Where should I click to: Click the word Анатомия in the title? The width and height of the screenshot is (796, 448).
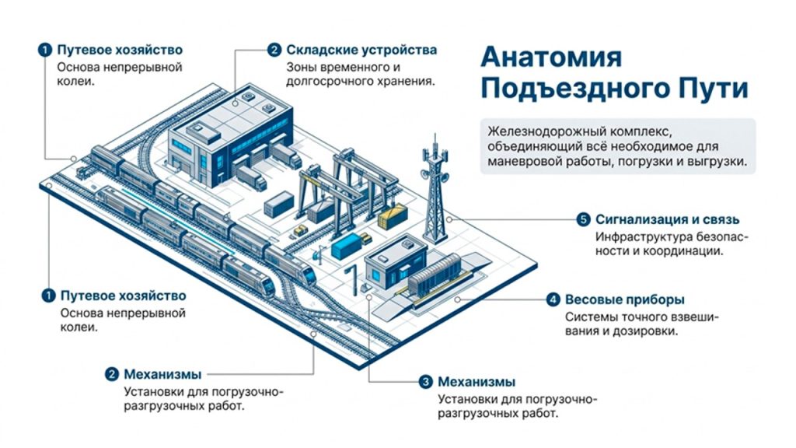pyautogui.click(x=551, y=57)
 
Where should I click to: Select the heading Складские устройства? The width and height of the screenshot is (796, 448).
pyautogui.click(x=361, y=50)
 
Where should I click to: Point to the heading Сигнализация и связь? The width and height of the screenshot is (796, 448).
pyautogui.click(x=667, y=220)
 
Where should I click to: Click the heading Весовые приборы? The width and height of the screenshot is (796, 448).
pyautogui.click(x=625, y=299)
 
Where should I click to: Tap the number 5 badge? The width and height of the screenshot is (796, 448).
pyautogui.click(x=583, y=219)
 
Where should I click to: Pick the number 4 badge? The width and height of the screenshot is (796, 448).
pyautogui.click(x=553, y=299)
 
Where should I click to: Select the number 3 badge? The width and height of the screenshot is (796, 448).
pyautogui.click(x=425, y=382)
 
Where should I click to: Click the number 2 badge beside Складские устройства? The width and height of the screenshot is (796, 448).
pyautogui.click(x=274, y=50)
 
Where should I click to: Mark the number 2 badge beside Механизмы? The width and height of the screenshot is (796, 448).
pyautogui.click(x=111, y=375)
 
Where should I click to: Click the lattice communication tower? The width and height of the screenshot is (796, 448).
pyautogui.click(x=435, y=191)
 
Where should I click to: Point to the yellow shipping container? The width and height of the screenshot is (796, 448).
pyautogui.click(x=393, y=215)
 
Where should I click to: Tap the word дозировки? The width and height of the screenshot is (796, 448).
pyautogui.click(x=646, y=331)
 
